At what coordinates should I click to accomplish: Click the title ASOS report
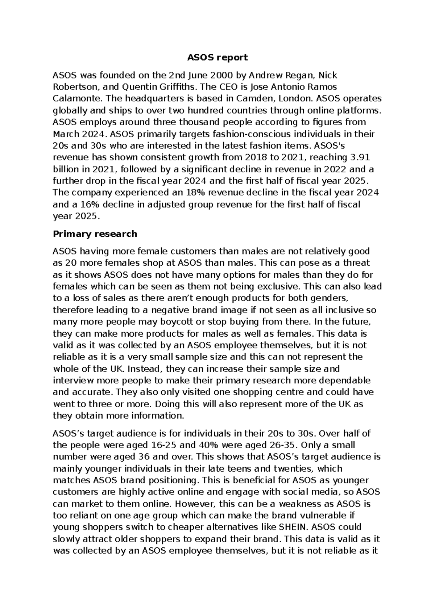click(x=217, y=57)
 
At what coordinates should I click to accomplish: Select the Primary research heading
click(x=95, y=234)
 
